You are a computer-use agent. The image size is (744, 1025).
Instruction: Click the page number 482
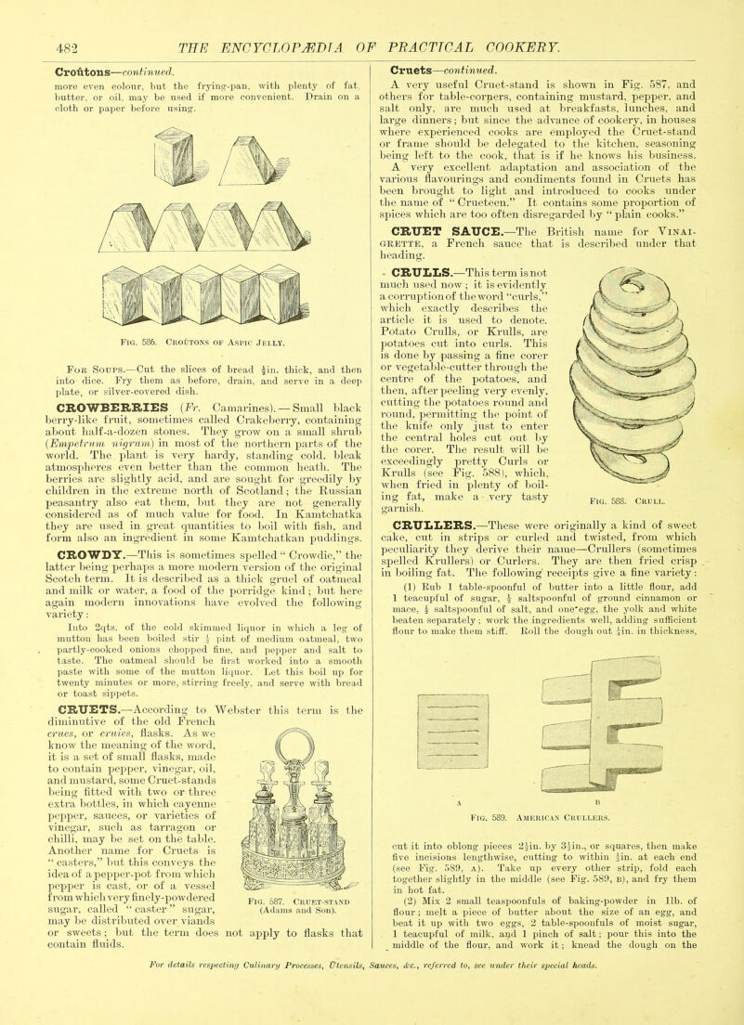(67, 47)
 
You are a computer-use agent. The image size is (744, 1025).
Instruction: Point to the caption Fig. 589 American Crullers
(539, 817)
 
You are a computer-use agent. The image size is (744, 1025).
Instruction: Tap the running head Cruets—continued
(443, 71)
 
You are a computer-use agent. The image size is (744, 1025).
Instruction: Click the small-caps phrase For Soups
(89, 367)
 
